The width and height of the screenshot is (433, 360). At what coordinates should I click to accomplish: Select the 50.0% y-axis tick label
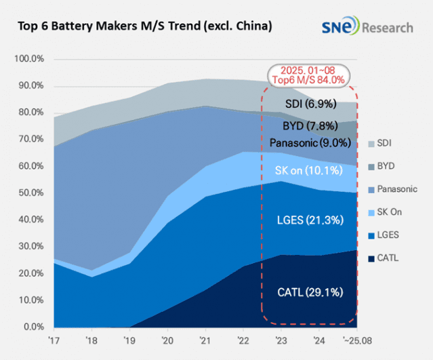(x=30, y=193)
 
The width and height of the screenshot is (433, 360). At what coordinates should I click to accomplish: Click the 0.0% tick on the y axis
(x=33, y=327)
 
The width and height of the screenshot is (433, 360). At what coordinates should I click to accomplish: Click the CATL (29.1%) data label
(x=310, y=292)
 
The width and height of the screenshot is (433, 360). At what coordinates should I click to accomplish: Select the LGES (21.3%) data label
(x=310, y=220)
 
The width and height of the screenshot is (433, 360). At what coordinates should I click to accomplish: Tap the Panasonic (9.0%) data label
(x=310, y=143)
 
